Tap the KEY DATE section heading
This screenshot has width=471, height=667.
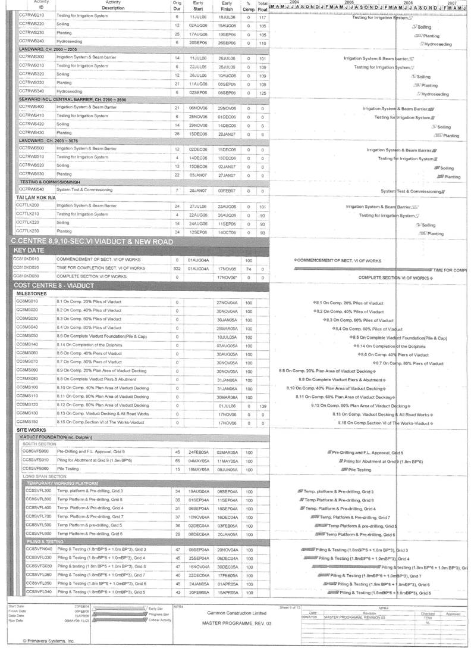(29, 251)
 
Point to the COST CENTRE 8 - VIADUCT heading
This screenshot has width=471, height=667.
(51, 285)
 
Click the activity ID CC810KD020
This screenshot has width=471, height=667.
(26, 268)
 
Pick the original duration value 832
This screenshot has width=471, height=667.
(177, 269)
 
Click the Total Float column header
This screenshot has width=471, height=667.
(262, 6)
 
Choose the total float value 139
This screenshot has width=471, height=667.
(262, 406)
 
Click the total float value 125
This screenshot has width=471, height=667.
(262, 93)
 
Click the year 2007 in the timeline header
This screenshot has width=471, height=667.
(453, 2)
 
